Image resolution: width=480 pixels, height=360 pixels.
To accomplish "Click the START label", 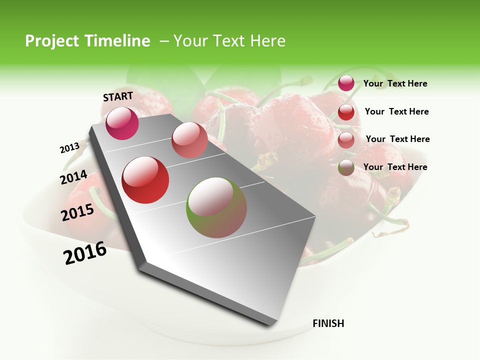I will coord(118,96).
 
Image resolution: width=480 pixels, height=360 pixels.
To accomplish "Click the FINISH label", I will coord(328,323).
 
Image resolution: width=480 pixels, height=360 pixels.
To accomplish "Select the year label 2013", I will coord(69,148).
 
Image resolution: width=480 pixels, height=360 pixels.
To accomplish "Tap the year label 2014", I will coord(73,177).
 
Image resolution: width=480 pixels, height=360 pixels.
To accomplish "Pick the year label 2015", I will coord(77,212).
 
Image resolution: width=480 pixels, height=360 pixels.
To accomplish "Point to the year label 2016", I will coord(85,252).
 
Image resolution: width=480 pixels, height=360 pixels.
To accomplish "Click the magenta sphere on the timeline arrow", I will coord(122,123).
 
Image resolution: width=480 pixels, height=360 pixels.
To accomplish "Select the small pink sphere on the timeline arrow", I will coord(189,140).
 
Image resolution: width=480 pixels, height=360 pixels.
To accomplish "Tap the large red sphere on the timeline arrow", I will coord(145,180).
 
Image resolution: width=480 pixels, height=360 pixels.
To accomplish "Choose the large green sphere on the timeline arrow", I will coord(216,207).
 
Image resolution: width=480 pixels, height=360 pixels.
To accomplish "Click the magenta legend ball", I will coord(346,83).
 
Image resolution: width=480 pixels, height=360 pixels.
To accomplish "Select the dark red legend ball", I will coord(346,112).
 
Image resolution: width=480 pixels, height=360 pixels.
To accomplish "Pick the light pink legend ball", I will coord(346,140).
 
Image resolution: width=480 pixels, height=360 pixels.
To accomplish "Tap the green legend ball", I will coord(346,167).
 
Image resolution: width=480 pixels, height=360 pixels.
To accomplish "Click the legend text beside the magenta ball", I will coord(395,83).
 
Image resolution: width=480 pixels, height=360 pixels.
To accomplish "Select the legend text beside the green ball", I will coord(395,167).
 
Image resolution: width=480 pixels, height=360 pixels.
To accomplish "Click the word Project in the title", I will coord(52,41).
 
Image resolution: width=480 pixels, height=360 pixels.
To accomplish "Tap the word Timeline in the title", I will coord(118,41).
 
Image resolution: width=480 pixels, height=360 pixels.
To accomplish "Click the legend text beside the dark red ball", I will coord(396,111).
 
